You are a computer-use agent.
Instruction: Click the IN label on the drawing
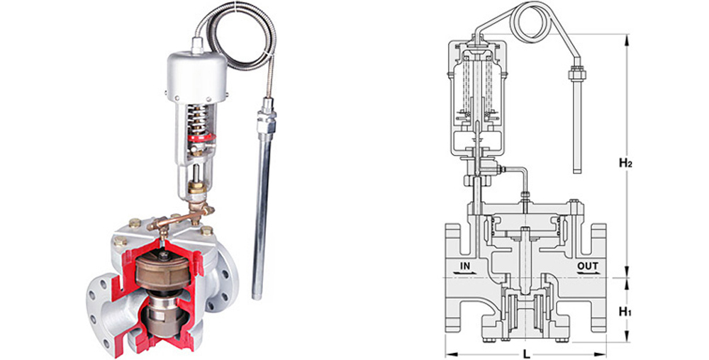(465, 266)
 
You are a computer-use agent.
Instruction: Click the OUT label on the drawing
(587, 266)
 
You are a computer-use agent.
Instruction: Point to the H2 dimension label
(625, 164)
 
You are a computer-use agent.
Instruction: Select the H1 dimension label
(625, 312)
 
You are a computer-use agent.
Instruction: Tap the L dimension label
(526, 354)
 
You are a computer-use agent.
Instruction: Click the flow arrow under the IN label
(465, 274)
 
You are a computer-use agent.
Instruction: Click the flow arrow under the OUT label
(587, 274)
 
